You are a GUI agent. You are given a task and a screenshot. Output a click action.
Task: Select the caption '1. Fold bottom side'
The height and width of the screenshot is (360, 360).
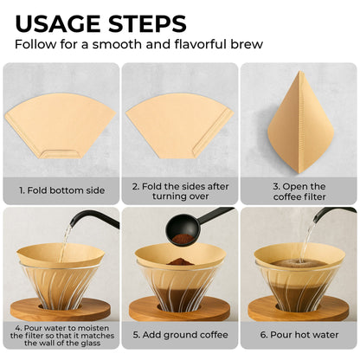61,187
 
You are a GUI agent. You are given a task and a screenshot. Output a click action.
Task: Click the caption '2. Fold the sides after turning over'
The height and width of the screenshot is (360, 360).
179,187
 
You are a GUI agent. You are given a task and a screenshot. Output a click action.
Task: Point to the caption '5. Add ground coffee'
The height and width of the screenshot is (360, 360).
179,334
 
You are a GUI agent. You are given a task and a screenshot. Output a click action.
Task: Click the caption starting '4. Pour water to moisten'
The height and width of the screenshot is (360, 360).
61,334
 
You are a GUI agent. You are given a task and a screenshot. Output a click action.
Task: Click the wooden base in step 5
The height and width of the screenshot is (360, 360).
179,308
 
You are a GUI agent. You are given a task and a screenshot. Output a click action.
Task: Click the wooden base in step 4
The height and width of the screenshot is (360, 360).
61,308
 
